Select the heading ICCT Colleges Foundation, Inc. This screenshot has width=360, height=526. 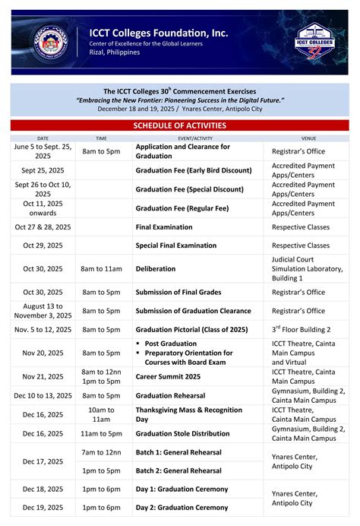pyautogui.click(x=158, y=33)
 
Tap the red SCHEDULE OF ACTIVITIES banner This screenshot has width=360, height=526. pyautogui.click(x=180, y=125)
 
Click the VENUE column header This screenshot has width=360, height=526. pyautogui.click(x=308, y=138)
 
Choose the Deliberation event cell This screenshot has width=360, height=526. pyautogui.click(x=156, y=268)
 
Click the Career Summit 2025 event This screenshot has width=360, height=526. pyautogui.click(x=168, y=376)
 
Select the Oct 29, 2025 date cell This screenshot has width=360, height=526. pyautogui.click(x=43, y=246)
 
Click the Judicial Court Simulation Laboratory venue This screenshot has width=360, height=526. pyautogui.click(x=307, y=268)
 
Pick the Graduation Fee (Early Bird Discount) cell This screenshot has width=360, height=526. pyautogui.click(x=193, y=170)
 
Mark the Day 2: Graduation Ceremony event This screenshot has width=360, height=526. pyautogui.click(x=182, y=508)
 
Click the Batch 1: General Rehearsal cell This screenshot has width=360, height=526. pyautogui.click(x=178, y=452)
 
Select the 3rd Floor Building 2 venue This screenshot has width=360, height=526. pyautogui.click(x=301, y=329)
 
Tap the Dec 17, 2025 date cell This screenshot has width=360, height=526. pyautogui.click(x=43, y=461)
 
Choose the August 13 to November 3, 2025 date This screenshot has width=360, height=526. pyautogui.click(x=43, y=310)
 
